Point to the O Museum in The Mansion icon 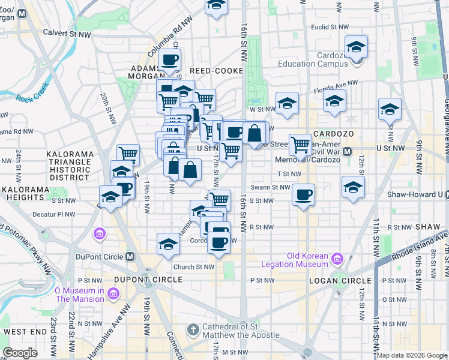[x=114, y=294]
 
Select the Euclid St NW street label [x=330, y=28]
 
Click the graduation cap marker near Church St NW [x=169, y=244]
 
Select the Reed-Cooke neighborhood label [x=212, y=71]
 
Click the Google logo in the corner [x=20, y=353]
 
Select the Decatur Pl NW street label [x=55, y=214]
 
